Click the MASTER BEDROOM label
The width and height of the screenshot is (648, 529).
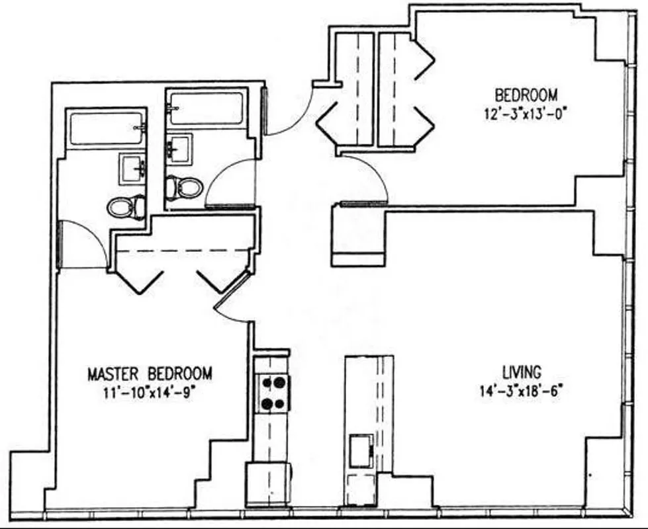pyautogui.click(x=150, y=374)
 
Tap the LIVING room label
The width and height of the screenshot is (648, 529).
pyautogui.click(x=521, y=372)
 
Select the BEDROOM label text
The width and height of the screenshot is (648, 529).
pyautogui.click(x=526, y=95)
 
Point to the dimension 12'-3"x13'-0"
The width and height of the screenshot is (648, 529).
pyautogui.click(x=526, y=113)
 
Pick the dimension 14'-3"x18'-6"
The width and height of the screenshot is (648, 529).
pyautogui.click(x=522, y=390)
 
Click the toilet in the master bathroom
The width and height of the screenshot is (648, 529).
pyautogui.click(x=127, y=207)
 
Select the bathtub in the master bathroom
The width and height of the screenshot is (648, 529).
pyautogui.click(x=106, y=128)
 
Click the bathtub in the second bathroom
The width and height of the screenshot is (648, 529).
pyautogui.click(x=206, y=108)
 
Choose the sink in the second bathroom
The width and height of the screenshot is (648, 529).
pyautogui.click(x=179, y=148)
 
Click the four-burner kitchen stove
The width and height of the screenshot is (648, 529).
pyautogui.click(x=274, y=393)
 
